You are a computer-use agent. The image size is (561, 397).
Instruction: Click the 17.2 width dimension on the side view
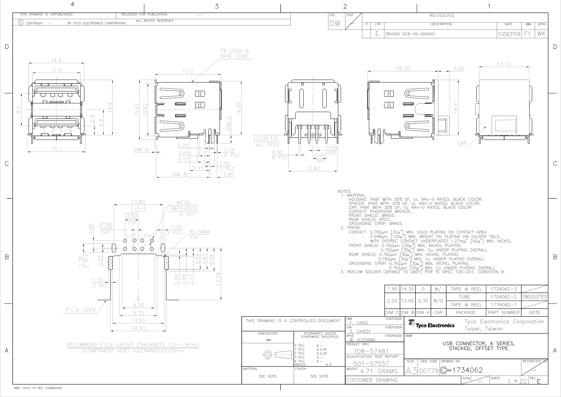[x=188, y=72]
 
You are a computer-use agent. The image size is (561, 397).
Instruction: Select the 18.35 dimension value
[x=403, y=69]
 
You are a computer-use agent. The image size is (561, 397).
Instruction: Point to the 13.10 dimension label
[x=504, y=64]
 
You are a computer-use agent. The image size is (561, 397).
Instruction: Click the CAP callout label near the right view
[x=462, y=143]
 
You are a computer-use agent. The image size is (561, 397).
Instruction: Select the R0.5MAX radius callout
[x=200, y=232]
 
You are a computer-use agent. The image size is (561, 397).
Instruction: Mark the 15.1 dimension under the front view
[x=57, y=149]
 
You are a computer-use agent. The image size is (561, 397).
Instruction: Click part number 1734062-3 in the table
[x=503, y=289]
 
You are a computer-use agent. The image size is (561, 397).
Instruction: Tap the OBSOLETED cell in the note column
[x=535, y=297]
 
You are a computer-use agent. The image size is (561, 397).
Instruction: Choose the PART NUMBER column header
[x=504, y=312]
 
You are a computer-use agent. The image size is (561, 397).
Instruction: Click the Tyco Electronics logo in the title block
[x=431, y=324]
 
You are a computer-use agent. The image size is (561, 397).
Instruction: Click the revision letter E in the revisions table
[x=377, y=34]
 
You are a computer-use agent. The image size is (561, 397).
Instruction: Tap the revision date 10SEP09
[x=509, y=34]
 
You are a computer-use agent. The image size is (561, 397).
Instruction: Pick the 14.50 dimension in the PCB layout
[x=138, y=328]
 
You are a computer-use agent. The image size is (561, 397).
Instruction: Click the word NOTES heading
[x=344, y=191]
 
